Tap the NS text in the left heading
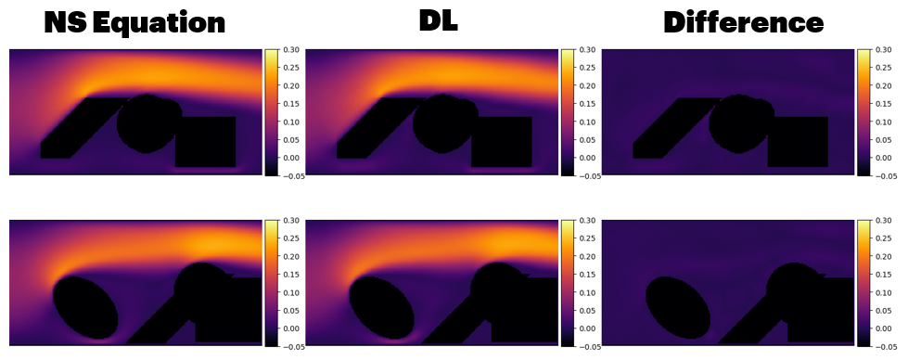point(66,22)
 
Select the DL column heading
point(439,20)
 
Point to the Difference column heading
point(743,23)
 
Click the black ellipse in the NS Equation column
point(85,307)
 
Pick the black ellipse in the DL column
point(381,307)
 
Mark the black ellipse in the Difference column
point(678,307)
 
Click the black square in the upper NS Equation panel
point(206,142)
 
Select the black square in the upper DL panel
point(502,142)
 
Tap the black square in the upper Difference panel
point(798,142)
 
